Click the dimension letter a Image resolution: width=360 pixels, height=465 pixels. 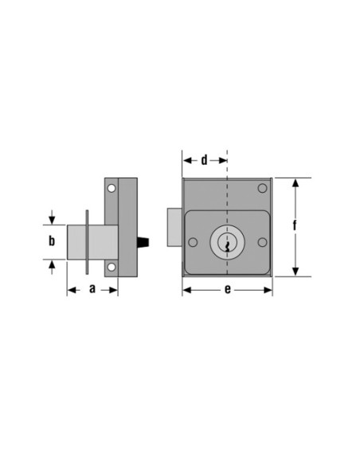pyautogui.click(x=92, y=289)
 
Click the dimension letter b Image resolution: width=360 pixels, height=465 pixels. pyautogui.click(x=52, y=240)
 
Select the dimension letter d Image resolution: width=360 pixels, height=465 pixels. pyautogui.click(x=204, y=160)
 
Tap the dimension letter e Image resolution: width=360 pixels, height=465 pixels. pyautogui.click(x=227, y=290)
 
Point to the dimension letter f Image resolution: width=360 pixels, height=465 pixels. pyautogui.click(x=295, y=226)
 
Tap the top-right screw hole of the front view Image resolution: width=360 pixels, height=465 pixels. pyautogui.click(x=262, y=188)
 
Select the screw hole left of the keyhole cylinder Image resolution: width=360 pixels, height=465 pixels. pyautogui.click(x=192, y=242)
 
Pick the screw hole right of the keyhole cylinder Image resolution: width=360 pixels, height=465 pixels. pyautogui.click(x=262, y=242)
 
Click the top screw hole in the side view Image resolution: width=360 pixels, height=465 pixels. pyautogui.click(x=112, y=190)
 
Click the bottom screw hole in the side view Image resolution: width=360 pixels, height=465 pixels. pyautogui.click(x=112, y=268)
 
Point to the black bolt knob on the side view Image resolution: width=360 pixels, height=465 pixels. pyautogui.click(x=145, y=240)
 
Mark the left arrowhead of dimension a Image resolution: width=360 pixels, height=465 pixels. pyautogui.click(x=71, y=290)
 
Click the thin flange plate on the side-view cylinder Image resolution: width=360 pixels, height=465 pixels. pyautogui.click(x=87, y=240)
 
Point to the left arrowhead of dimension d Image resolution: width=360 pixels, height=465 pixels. pyautogui.click(x=188, y=160)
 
